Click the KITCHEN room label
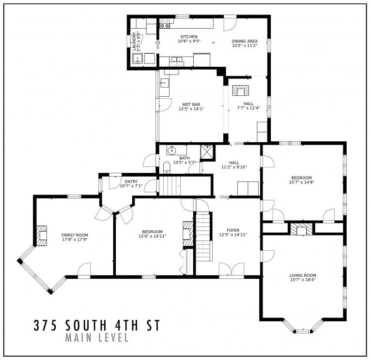189,37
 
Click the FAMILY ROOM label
75,235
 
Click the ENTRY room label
131,181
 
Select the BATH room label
185,158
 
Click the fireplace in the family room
42,235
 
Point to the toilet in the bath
167,167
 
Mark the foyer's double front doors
232,270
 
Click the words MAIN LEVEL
96,337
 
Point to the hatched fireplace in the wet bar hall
241,90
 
